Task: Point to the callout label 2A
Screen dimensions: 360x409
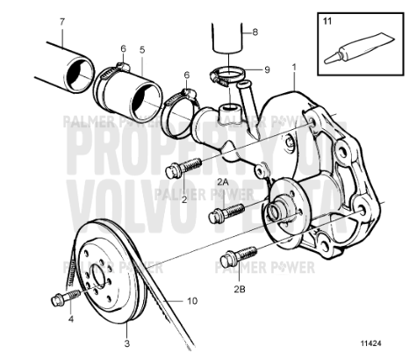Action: [222, 180]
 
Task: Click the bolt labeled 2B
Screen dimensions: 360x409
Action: [233, 257]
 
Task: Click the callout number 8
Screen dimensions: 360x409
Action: [255, 32]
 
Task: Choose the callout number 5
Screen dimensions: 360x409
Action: [142, 51]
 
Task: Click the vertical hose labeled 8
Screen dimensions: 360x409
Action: [226, 40]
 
